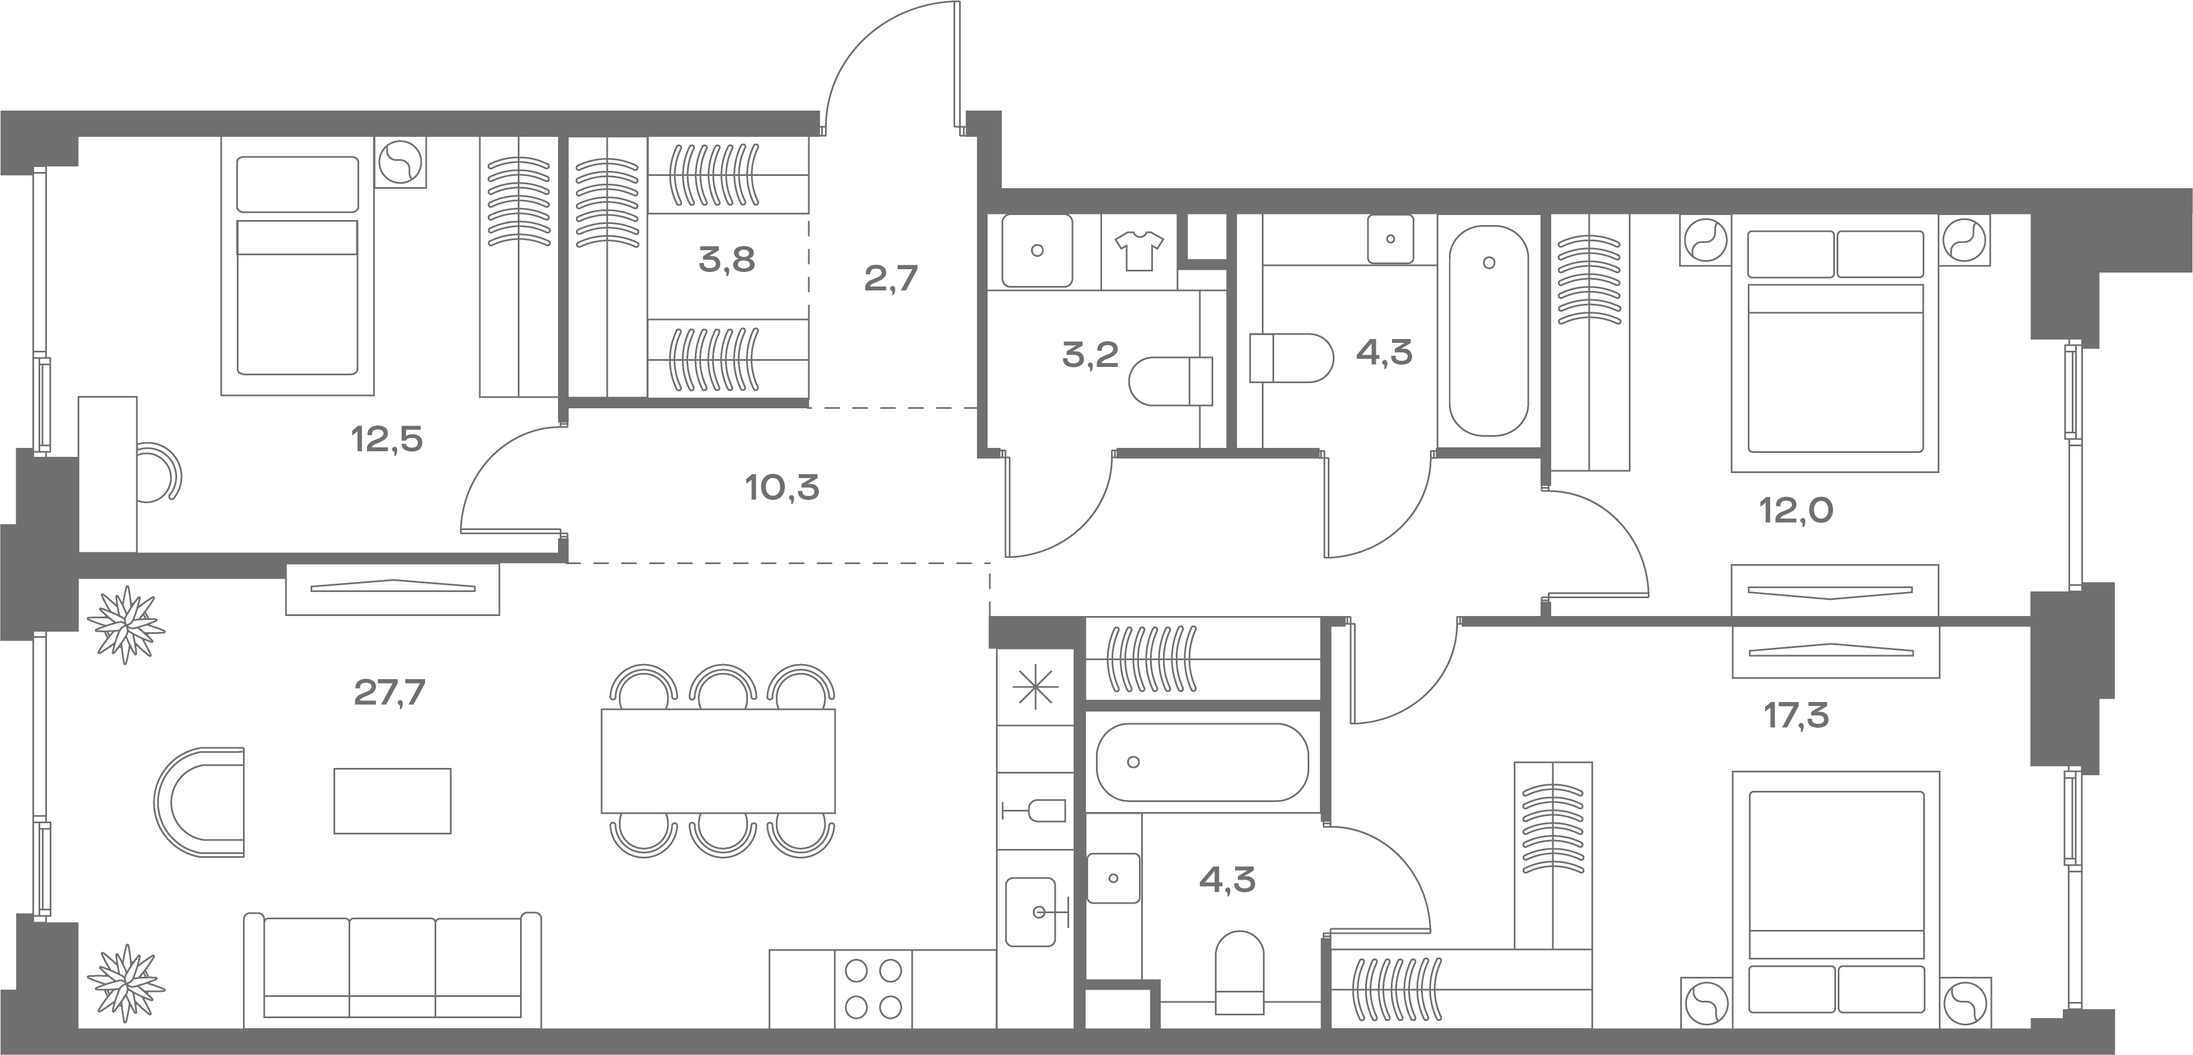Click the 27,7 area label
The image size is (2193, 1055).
(389, 693)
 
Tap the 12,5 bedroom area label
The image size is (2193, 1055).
(387, 440)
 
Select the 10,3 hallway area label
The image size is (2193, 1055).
(781, 488)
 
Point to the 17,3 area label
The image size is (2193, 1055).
(1796, 716)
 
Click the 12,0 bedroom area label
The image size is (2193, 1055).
(1796, 511)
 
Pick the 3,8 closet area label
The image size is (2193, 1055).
(726, 260)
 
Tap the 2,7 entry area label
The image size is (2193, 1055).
(890, 279)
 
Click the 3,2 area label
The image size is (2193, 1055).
(1090, 354)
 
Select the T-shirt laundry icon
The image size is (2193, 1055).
(1138, 250)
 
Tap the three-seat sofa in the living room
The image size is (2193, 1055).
(393, 970)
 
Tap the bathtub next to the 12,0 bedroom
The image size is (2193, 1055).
(1489, 331)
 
